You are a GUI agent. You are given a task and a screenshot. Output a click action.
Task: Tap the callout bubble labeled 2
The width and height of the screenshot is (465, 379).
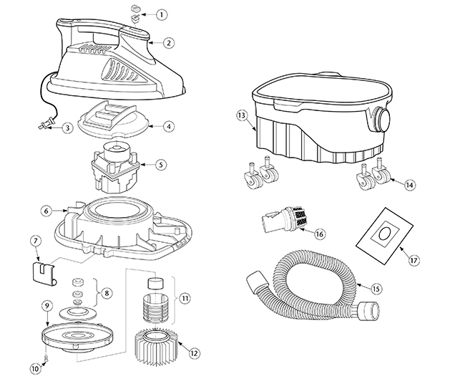pyautogui.click(x=169, y=42)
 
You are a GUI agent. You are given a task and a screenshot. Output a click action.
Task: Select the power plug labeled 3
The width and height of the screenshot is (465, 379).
pyautogui.click(x=43, y=128)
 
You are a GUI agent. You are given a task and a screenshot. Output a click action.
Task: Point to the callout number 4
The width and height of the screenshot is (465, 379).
pyautogui.click(x=169, y=126)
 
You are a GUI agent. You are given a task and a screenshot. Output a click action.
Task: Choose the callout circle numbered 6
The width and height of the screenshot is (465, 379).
pyautogui.click(x=45, y=211)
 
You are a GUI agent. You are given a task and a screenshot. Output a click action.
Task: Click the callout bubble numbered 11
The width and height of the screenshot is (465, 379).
pyautogui.click(x=186, y=297)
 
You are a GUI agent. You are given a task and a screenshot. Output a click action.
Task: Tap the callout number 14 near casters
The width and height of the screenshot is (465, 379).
pyautogui.click(x=409, y=184)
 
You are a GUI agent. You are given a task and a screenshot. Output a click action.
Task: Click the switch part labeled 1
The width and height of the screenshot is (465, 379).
pyautogui.click(x=135, y=14)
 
